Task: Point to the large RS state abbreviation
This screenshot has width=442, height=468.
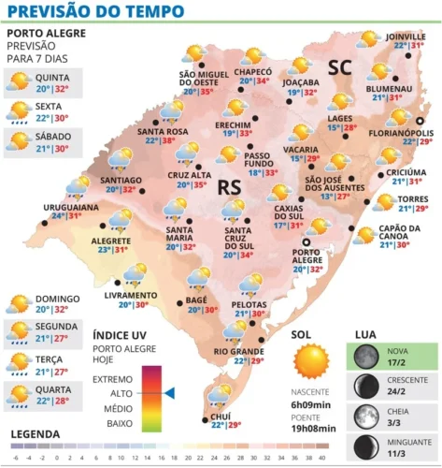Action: [x=229, y=189]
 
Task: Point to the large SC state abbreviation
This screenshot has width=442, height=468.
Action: [x=341, y=66]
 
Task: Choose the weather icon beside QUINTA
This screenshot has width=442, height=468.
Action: [x=18, y=82]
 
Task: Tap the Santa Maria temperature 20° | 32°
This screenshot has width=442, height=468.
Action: [x=154, y=247]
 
